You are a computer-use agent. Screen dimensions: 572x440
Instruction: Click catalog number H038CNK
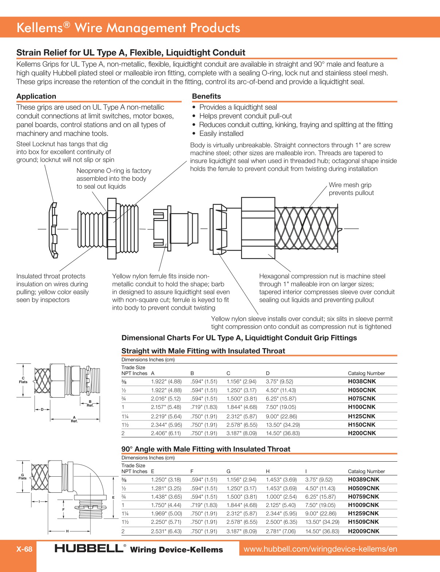click(362, 381)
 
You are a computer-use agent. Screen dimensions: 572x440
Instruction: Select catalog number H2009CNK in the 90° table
click(363, 531)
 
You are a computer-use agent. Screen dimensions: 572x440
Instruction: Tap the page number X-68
click(24, 549)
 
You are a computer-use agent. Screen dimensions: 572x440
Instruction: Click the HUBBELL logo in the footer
click(89, 548)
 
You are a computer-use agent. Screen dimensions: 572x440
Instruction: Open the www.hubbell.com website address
click(320, 549)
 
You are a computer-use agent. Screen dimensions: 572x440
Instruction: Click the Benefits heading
click(206, 96)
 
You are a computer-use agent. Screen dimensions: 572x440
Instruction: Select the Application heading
click(36, 96)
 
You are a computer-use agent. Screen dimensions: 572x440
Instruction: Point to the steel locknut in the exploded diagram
click(53, 230)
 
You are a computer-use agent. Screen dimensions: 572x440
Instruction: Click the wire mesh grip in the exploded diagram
click(306, 228)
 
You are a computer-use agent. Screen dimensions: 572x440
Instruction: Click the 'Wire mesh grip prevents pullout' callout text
click(351, 189)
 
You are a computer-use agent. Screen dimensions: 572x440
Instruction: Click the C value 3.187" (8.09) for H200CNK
click(242, 433)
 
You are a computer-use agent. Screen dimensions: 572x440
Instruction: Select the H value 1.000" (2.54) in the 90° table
click(281, 497)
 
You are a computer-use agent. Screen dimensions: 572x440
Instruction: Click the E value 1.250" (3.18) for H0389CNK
click(166, 480)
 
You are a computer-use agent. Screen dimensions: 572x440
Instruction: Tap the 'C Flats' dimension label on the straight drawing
click(23, 380)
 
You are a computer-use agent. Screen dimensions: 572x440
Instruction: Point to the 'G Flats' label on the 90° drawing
click(22, 477)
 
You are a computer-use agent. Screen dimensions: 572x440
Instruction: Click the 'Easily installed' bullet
click(221, 133)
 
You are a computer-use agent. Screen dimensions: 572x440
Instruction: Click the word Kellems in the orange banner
click(40, 28)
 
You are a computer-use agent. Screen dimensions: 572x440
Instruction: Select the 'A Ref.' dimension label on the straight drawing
click(74, 419)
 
